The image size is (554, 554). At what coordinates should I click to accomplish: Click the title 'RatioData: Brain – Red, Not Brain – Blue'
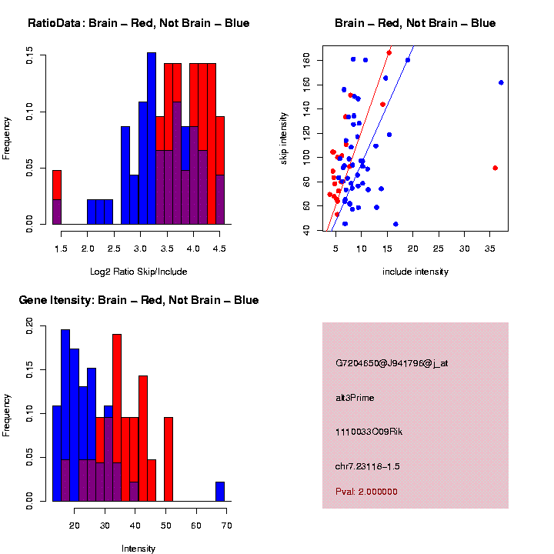[138, 24]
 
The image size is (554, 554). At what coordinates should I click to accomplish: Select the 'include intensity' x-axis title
[415, 272]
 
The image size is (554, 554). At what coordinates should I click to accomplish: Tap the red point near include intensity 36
[495, 168]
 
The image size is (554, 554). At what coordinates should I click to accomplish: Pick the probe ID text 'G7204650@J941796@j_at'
[391, 363]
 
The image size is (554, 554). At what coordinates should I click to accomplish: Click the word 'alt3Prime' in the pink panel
[355, 398]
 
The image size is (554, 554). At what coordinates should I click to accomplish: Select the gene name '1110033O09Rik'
[369, 432]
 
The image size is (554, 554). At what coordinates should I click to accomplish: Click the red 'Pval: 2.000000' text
[366, 492]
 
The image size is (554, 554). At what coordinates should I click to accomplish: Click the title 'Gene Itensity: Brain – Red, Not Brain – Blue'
[138, 300]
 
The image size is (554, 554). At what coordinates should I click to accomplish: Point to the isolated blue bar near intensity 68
[220, 492]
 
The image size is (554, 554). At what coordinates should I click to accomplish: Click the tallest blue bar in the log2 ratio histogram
[152, 138]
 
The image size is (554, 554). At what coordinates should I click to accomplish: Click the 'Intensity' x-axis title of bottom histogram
[138, 549]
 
